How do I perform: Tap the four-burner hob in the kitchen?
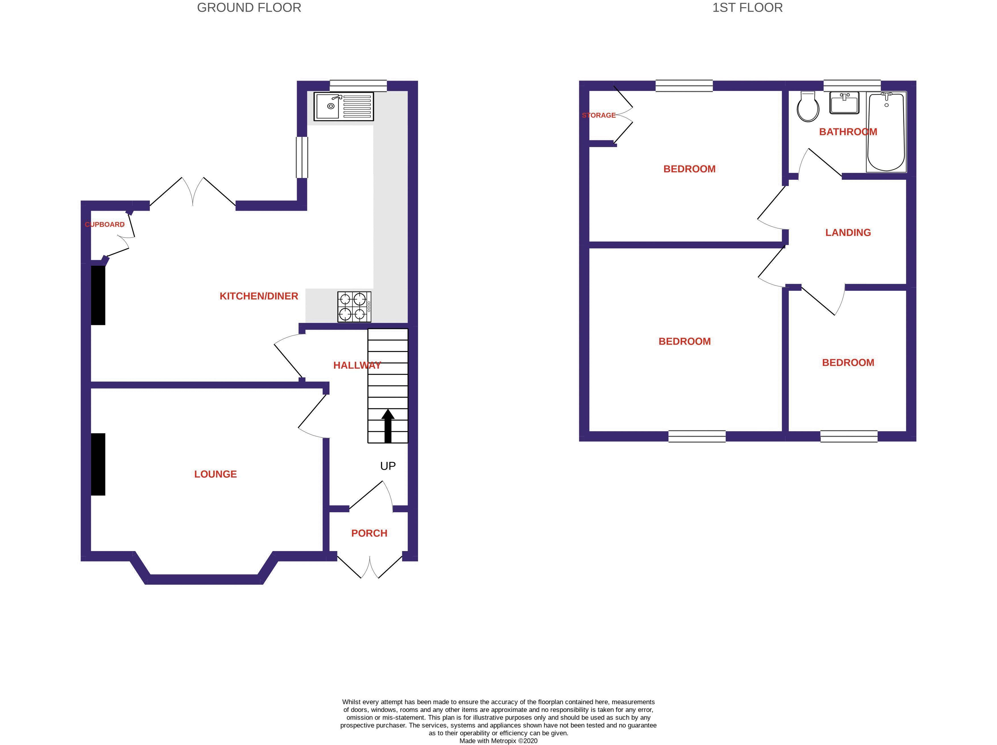click(354, 307)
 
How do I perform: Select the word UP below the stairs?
click(387, 466)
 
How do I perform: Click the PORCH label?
click(369, 533)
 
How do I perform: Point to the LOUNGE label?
click(215, 474)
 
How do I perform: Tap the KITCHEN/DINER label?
click(259, 296)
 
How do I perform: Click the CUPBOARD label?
click(105, 224)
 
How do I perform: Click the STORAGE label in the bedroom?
click(598, 115)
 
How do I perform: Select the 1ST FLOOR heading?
click(747, 8)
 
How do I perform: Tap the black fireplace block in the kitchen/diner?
click(98, 295)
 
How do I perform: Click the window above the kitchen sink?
click(358, 86)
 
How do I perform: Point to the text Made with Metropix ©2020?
click(498, 740)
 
